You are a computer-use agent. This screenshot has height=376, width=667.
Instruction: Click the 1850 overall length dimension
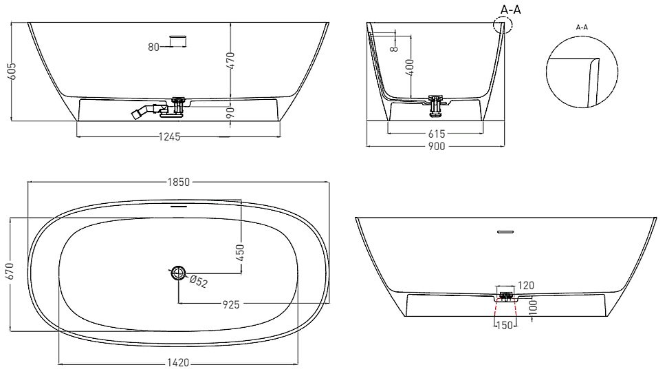[x=178, y=182]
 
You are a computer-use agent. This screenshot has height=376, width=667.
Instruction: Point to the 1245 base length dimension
[x=168, y=136]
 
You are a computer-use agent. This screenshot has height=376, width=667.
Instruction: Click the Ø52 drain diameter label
[x=199, y=281]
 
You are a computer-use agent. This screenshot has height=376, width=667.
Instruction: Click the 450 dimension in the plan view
[x=241, y=251]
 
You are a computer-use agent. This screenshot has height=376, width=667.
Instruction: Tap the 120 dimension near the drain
[x=526, y=286]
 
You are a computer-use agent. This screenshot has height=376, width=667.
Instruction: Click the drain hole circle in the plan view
[x=179, y=273]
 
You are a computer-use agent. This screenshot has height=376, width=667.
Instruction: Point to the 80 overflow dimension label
[x=153, y=47]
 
